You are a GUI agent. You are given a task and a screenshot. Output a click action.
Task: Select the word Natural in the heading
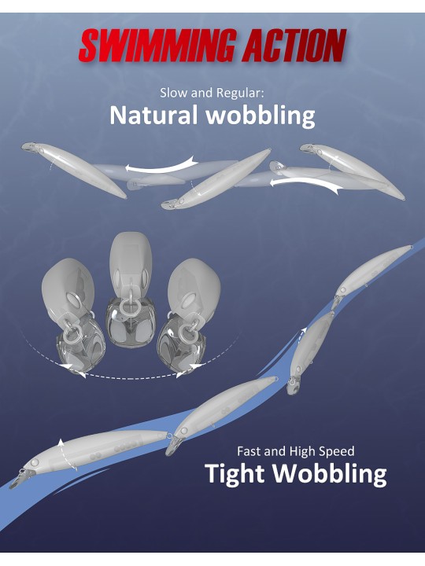point(153,115)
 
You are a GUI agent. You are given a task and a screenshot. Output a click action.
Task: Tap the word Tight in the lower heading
point(235,474)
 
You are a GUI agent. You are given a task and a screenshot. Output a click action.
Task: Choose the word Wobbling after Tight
point(330,474)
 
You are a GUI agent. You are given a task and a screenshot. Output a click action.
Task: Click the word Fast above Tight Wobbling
point(249,451)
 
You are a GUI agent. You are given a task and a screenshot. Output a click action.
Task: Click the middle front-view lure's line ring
point(130,307)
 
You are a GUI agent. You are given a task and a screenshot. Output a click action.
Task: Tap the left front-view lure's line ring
point(72,336)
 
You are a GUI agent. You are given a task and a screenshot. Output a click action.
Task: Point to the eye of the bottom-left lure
point(35,462)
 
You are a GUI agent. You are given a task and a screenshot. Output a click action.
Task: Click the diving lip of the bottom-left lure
point(20,478)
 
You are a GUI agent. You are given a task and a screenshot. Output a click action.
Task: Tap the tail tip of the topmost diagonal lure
point(411,247)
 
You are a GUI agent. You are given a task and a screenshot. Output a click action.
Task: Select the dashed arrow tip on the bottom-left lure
point(61,442)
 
